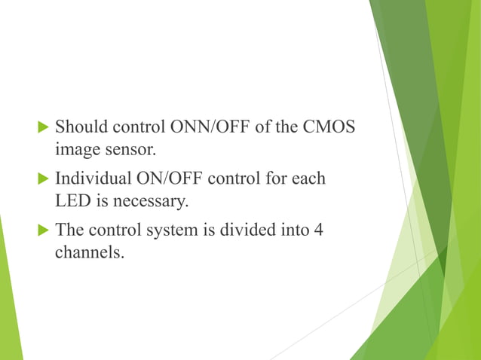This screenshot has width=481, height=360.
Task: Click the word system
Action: (x=175, y=230)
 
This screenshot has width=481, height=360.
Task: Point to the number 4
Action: (x=319, y=230)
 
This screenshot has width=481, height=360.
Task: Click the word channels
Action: (x=89, y=253)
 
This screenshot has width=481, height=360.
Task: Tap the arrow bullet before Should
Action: (x=41, y=126)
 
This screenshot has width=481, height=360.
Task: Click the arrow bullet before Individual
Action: (x=41, y=178)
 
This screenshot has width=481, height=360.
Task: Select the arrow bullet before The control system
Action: (x=41, y=230)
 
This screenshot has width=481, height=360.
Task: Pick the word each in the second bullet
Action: (x=310, y=178)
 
